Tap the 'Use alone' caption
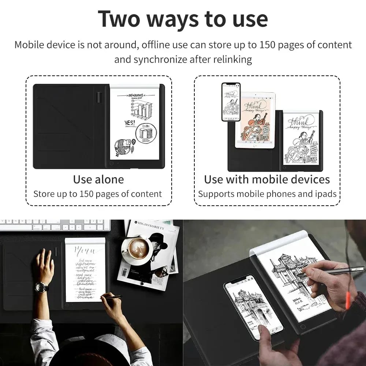(98, 179)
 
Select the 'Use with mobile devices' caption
(267, 179)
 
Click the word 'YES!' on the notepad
(130, 123)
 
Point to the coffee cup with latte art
(138, 250)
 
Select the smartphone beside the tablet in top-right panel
(231, 101)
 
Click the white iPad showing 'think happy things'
(255, 120)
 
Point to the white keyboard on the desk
(55, 225)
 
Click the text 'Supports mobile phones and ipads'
(267, 194)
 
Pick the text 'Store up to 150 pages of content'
(97, 194)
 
